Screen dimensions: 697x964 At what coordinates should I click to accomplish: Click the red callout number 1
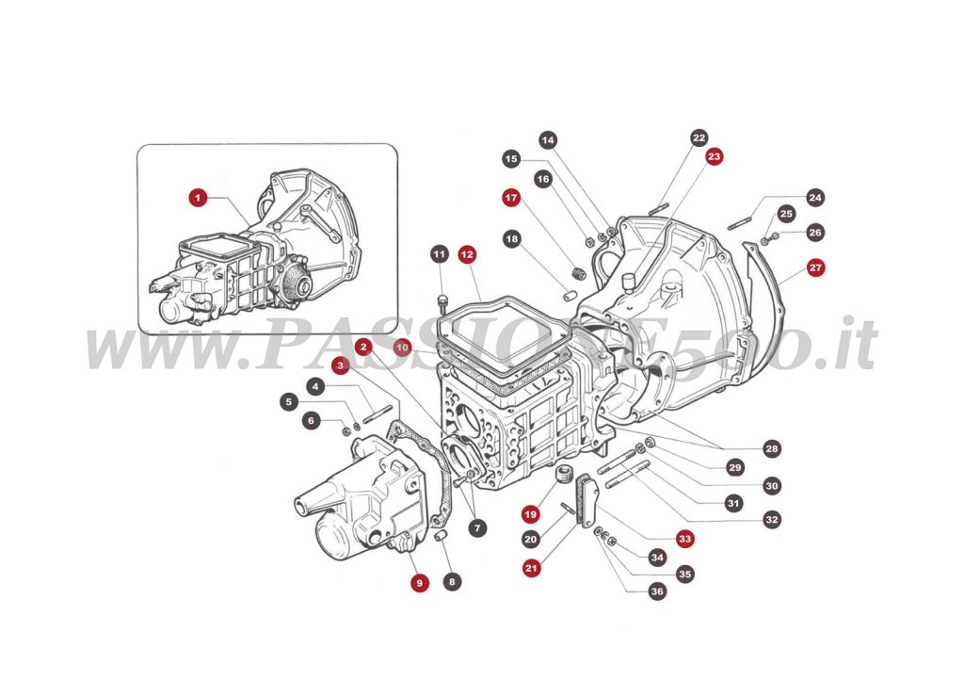[197, 198]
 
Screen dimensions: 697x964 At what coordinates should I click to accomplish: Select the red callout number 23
[715, 156]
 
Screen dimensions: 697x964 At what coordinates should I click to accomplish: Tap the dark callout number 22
[698, 138]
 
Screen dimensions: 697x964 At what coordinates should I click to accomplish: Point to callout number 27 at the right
[815, 267]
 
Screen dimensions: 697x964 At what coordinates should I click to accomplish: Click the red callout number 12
[467, 254]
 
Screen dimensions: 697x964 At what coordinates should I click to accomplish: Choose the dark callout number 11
[440, 254]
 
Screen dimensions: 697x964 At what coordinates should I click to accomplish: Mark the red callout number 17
[510, 199]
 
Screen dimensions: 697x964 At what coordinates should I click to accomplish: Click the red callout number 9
[419, 583]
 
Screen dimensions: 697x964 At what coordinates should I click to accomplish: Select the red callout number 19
[531, 514]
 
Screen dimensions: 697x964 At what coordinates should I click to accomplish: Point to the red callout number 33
[684, 540]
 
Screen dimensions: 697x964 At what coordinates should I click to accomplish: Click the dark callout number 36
[656, 592]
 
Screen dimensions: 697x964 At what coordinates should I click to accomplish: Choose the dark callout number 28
[772, 449]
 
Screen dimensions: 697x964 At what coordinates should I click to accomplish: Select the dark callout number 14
[548, 139]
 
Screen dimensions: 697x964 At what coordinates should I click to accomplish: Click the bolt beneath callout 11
[442, 301]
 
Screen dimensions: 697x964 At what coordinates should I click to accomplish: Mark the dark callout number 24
[815, 198]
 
